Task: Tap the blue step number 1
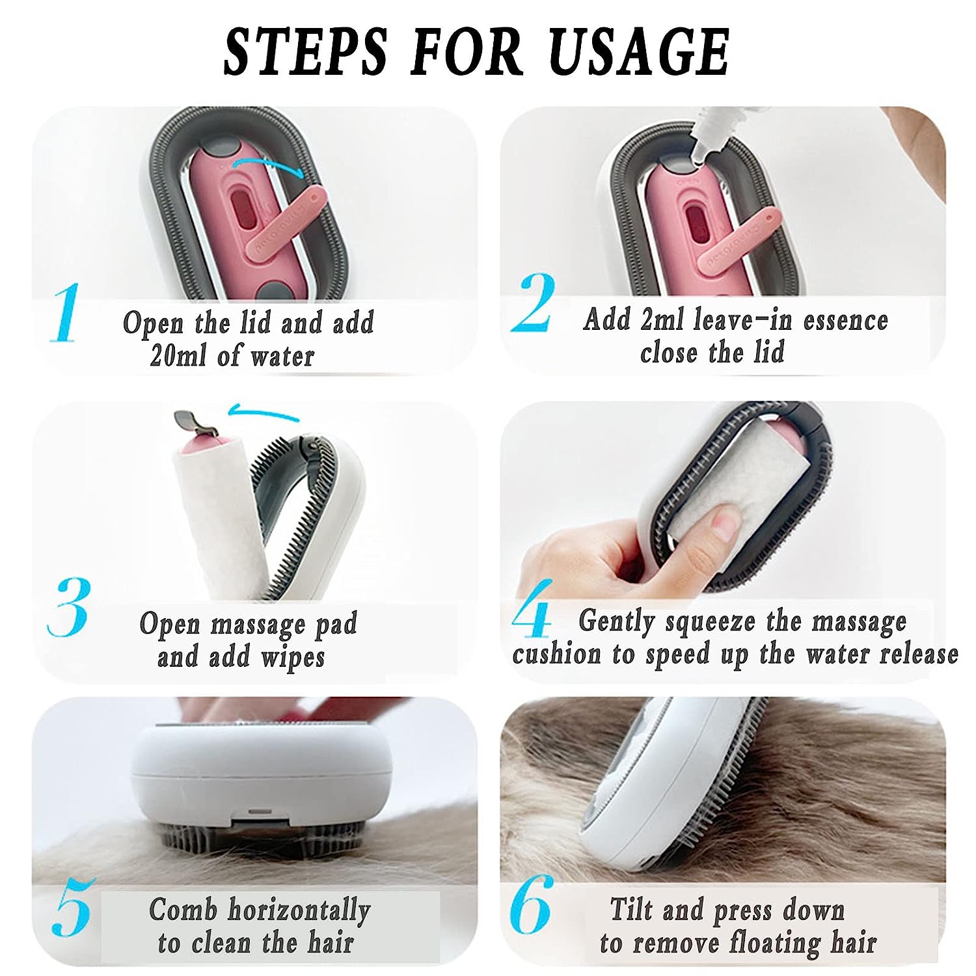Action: pos(65,313)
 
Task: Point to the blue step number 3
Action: pos(68,607)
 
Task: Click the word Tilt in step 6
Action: pos(629,910)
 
